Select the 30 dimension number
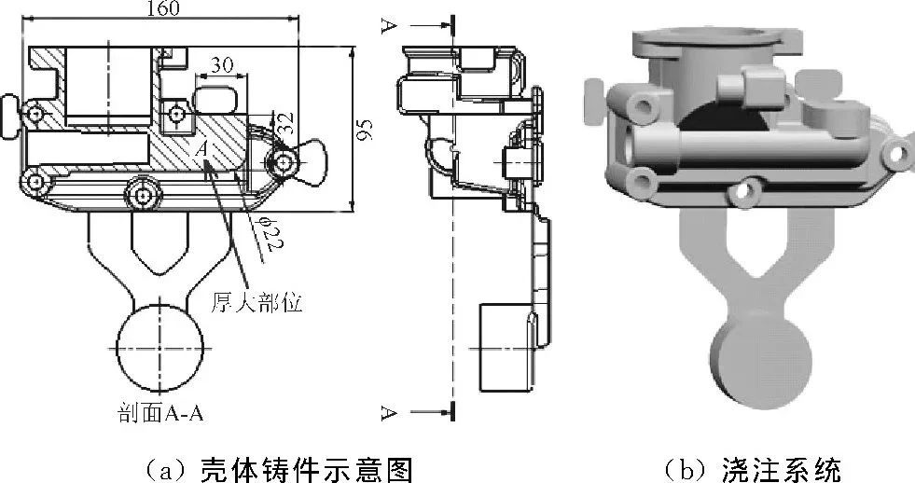(222, 64)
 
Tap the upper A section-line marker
(388, 25)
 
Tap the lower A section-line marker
(388, 411)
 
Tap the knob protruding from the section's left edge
(9, 110)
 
